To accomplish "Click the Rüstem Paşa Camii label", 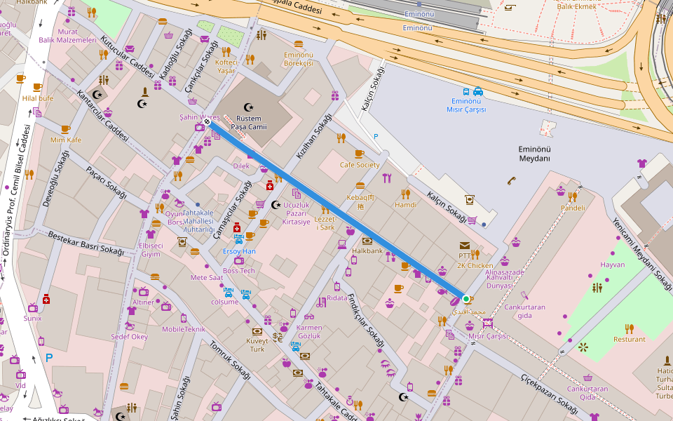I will click(250, 121).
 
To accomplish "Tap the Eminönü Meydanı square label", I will click(534, 154).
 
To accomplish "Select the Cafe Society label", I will click(360, 165).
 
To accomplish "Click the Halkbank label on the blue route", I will click(367, 250).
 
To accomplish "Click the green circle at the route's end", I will click(465, 299).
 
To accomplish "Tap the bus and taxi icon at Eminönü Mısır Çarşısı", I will click(473, 91).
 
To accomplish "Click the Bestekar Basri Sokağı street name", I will click(86, 242).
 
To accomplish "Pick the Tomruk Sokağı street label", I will click(230, 361).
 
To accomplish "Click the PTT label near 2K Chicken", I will click(463, 257).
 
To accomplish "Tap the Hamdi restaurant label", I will click(405, 205).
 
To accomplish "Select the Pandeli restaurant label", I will click(573, 208).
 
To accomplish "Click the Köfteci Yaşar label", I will click(226, 66).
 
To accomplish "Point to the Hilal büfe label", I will click(38, 98).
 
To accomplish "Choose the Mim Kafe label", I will click(66, 140).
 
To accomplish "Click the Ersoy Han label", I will click(239, 250).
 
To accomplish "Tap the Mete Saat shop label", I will click(206, 277).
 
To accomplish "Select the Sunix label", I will click(32, 318).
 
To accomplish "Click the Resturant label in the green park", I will click(629, 339).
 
